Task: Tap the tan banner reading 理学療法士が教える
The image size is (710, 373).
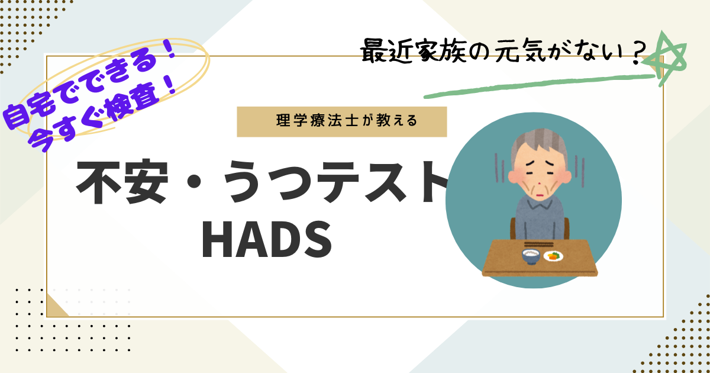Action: [342, 122]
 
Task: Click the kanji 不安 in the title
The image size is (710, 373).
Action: [122, 182]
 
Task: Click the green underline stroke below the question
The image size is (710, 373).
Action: [539, 86]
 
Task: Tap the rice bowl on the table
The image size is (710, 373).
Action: [531, 257]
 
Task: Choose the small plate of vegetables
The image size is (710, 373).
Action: [553, 256]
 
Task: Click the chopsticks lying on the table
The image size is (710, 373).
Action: [539, 244]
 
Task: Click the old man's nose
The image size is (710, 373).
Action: [538, 184]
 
